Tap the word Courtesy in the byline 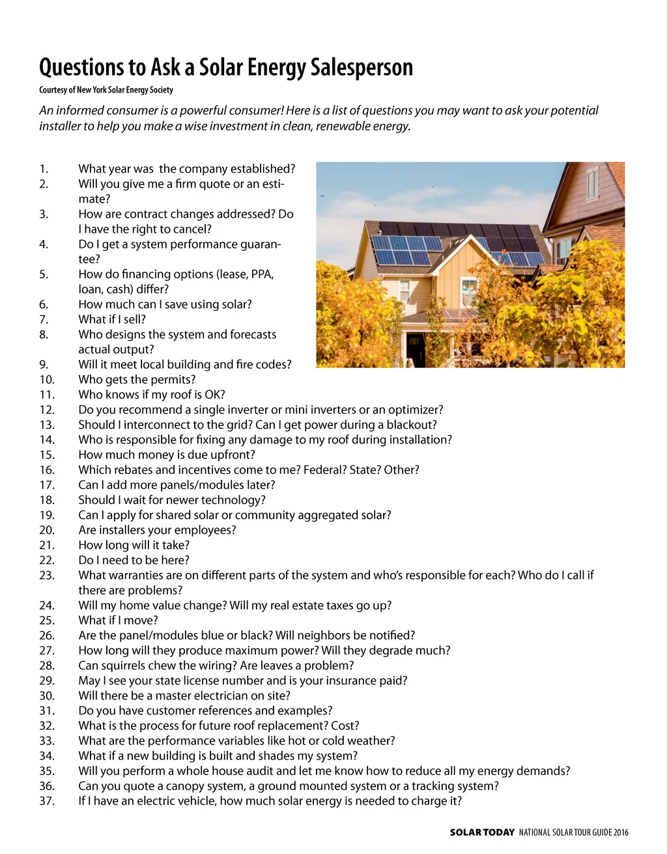coord(53,90)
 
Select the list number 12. coord(47,410)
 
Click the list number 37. coord(47,801)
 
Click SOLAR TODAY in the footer coord(482,832)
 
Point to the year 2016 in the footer coord(621,832)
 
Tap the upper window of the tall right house coord(592,183)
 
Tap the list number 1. coord(44,169)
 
